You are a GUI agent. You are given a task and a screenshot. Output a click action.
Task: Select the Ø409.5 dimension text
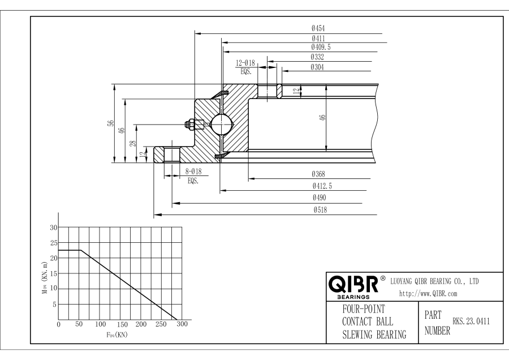(x=321, y=48)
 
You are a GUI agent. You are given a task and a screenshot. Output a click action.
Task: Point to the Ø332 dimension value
(x=317, y=57)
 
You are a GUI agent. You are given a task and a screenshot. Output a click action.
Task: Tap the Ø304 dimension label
(x=317, y=67)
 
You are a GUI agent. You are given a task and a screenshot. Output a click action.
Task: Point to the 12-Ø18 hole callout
(x=245, y=63)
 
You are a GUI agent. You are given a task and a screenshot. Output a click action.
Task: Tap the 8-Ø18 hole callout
(x=194, y=172)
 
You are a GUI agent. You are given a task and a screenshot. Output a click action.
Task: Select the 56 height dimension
(x=111, y=123)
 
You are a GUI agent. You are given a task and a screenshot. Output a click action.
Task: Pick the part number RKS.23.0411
(x=471, y=322)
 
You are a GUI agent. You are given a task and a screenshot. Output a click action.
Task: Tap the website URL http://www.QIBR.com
(x=428, y=293)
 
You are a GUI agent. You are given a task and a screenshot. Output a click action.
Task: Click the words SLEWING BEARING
(x=374, y=335)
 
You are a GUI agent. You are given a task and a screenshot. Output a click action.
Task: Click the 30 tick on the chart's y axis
(x=54, y=228)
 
